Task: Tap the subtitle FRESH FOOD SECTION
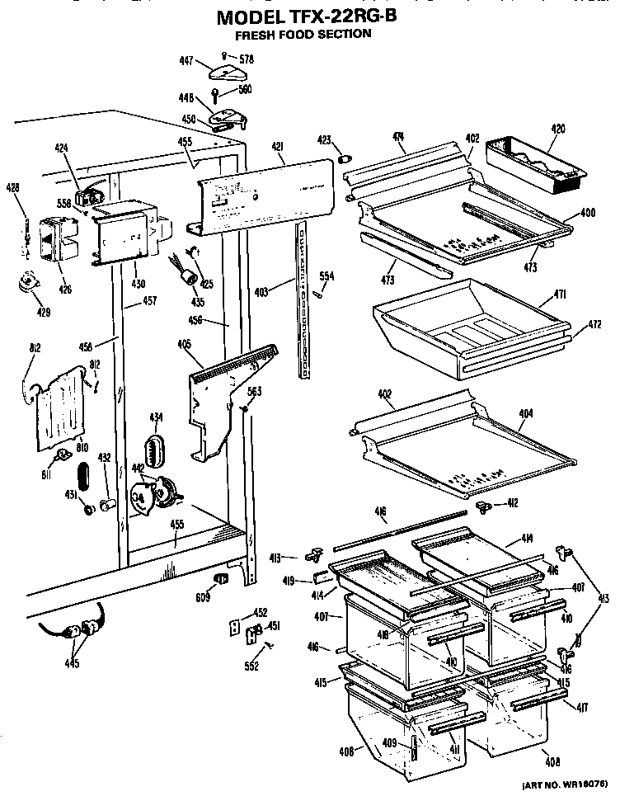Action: point(303,35)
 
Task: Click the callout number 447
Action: point(188,60)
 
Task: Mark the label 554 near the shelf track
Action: point(326,276)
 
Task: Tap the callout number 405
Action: point(184,344)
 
